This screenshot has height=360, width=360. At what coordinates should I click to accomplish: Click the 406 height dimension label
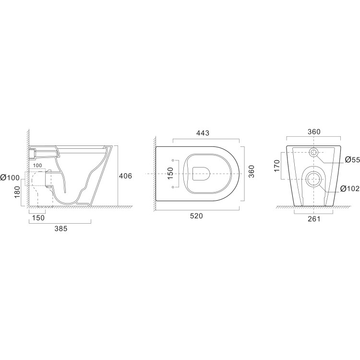125,176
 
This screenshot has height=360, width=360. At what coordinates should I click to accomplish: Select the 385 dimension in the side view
61,228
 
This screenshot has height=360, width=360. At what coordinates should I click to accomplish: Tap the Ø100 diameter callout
10,178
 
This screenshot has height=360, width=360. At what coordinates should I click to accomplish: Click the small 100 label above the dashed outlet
37,165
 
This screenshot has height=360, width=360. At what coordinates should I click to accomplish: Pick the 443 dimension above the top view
203,133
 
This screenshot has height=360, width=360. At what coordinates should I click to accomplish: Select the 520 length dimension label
196,216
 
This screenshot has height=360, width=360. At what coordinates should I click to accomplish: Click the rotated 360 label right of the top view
252,171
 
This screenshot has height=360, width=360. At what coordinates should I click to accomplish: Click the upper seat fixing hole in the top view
173,160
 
